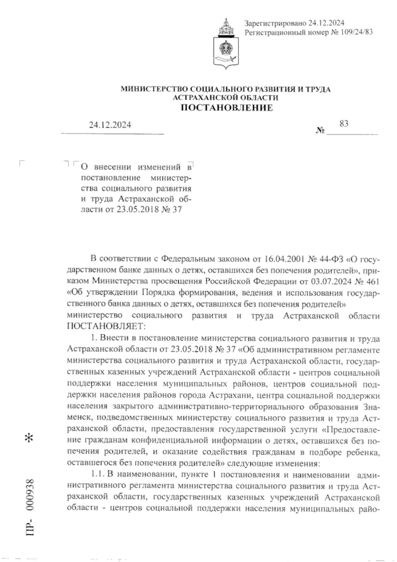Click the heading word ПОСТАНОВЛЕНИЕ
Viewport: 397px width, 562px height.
[x=226, y=108]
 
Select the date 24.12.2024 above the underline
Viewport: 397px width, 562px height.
[x=110, y=125]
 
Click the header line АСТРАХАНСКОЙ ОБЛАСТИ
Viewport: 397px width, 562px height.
[x=226, y=97]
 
